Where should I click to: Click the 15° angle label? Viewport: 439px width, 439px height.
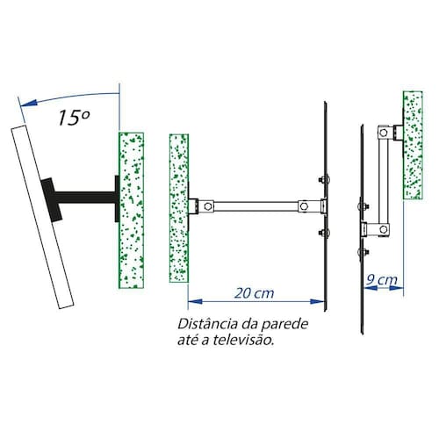tap(74, 118)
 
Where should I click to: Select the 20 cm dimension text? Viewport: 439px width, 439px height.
tap(255, 293)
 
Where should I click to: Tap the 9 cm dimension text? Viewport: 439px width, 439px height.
tap(382, 280)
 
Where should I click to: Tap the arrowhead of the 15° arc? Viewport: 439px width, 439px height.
tap(29, 103)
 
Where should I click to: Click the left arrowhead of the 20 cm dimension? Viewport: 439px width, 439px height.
tap(195, 301)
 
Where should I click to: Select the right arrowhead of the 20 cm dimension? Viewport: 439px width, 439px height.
tap(317, 301)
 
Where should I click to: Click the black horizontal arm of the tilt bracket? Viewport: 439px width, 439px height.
tap(85, 198)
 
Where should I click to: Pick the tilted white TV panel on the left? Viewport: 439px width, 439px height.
tap(42, 217)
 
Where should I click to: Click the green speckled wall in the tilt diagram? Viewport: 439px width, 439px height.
tap(131, 211)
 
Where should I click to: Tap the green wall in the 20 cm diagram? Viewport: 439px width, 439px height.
tap(179, 208)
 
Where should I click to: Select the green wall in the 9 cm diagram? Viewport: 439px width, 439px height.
tap(413, 145)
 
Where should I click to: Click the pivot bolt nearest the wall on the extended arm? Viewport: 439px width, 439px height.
tap(208, 206)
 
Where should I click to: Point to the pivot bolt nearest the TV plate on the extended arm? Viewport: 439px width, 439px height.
tap(304, 206)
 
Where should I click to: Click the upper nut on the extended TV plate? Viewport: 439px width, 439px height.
tap(324, 180)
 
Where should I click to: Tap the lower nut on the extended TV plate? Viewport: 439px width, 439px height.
tap(324, 233)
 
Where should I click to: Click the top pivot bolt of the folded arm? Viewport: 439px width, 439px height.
tap(383, 133)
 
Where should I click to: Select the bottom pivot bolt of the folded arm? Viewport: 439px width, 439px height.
tap(383, 229)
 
